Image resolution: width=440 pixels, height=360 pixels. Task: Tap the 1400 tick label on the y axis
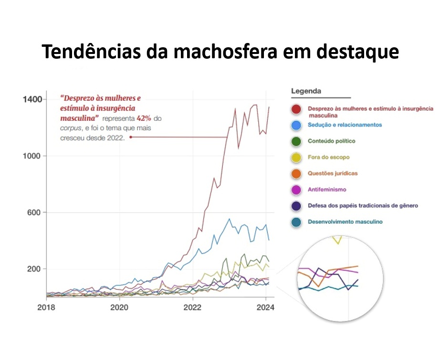click(x=32, y=99)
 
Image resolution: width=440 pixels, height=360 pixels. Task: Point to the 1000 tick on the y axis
click(x=32, y=156)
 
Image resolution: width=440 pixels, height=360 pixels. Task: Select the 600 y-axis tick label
click(x=34, y=212)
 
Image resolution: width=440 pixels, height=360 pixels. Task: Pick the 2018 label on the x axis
click(x=46, y=307)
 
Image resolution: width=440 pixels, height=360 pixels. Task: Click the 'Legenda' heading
click(x=306, y=91)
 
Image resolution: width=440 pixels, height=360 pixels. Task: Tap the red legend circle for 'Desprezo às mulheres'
click(x=296, y=110)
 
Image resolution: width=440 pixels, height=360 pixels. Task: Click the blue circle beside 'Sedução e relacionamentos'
click(x=296, y=126)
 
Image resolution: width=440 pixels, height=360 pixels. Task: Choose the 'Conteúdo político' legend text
click(x=331, y=141)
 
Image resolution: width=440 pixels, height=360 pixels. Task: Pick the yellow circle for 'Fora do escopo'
click(x=296, y=158)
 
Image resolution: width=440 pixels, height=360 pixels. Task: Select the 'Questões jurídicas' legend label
click(x=333, y=173)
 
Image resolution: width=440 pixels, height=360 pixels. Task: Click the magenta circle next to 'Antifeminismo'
click(x=296, y=190)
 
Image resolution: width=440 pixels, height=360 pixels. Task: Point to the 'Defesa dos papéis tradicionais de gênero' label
click(x=363, y=206)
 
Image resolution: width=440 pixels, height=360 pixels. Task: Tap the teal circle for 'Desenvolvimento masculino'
click(x=296, y=222)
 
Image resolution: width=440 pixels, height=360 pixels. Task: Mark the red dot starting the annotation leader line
click(x=131, y=137)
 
